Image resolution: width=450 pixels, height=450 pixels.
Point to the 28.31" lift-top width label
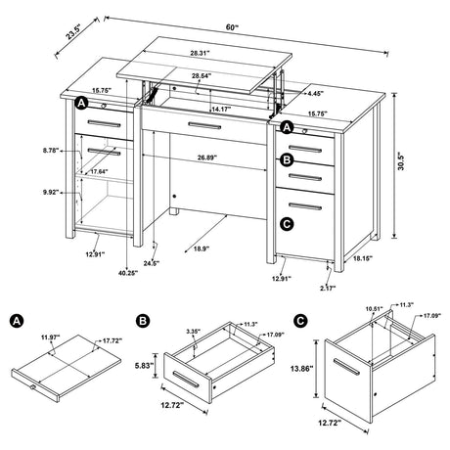pyautogui.click(x=203, y=55)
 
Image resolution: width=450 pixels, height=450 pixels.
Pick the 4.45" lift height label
pyautogui.click(x=313, y=95)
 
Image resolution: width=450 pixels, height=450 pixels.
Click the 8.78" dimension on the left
pyautogui.click(x=52, y=150)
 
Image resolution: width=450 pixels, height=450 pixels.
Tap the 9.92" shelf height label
pyautogui.click(x=52, y=193)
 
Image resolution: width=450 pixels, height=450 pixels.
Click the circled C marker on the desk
pyautogui.click(x=286, y=224)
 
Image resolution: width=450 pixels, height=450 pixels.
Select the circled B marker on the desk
pyautogui.click(x=287, y=159)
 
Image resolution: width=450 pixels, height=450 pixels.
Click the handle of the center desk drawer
pyautogui.click(x=203, y=125)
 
